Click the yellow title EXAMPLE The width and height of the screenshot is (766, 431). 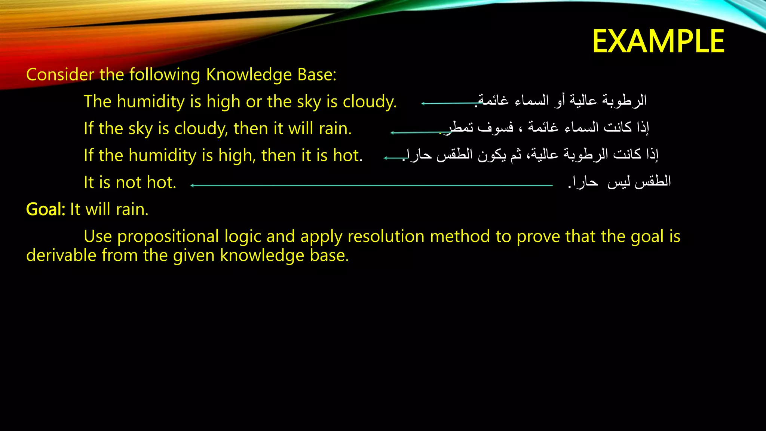[x=658, y=42]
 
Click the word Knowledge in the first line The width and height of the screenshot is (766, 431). [x=249, y=75]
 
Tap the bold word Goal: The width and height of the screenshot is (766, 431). [x=46, y=209]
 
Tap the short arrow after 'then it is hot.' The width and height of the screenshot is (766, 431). [x=394, y=158]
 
